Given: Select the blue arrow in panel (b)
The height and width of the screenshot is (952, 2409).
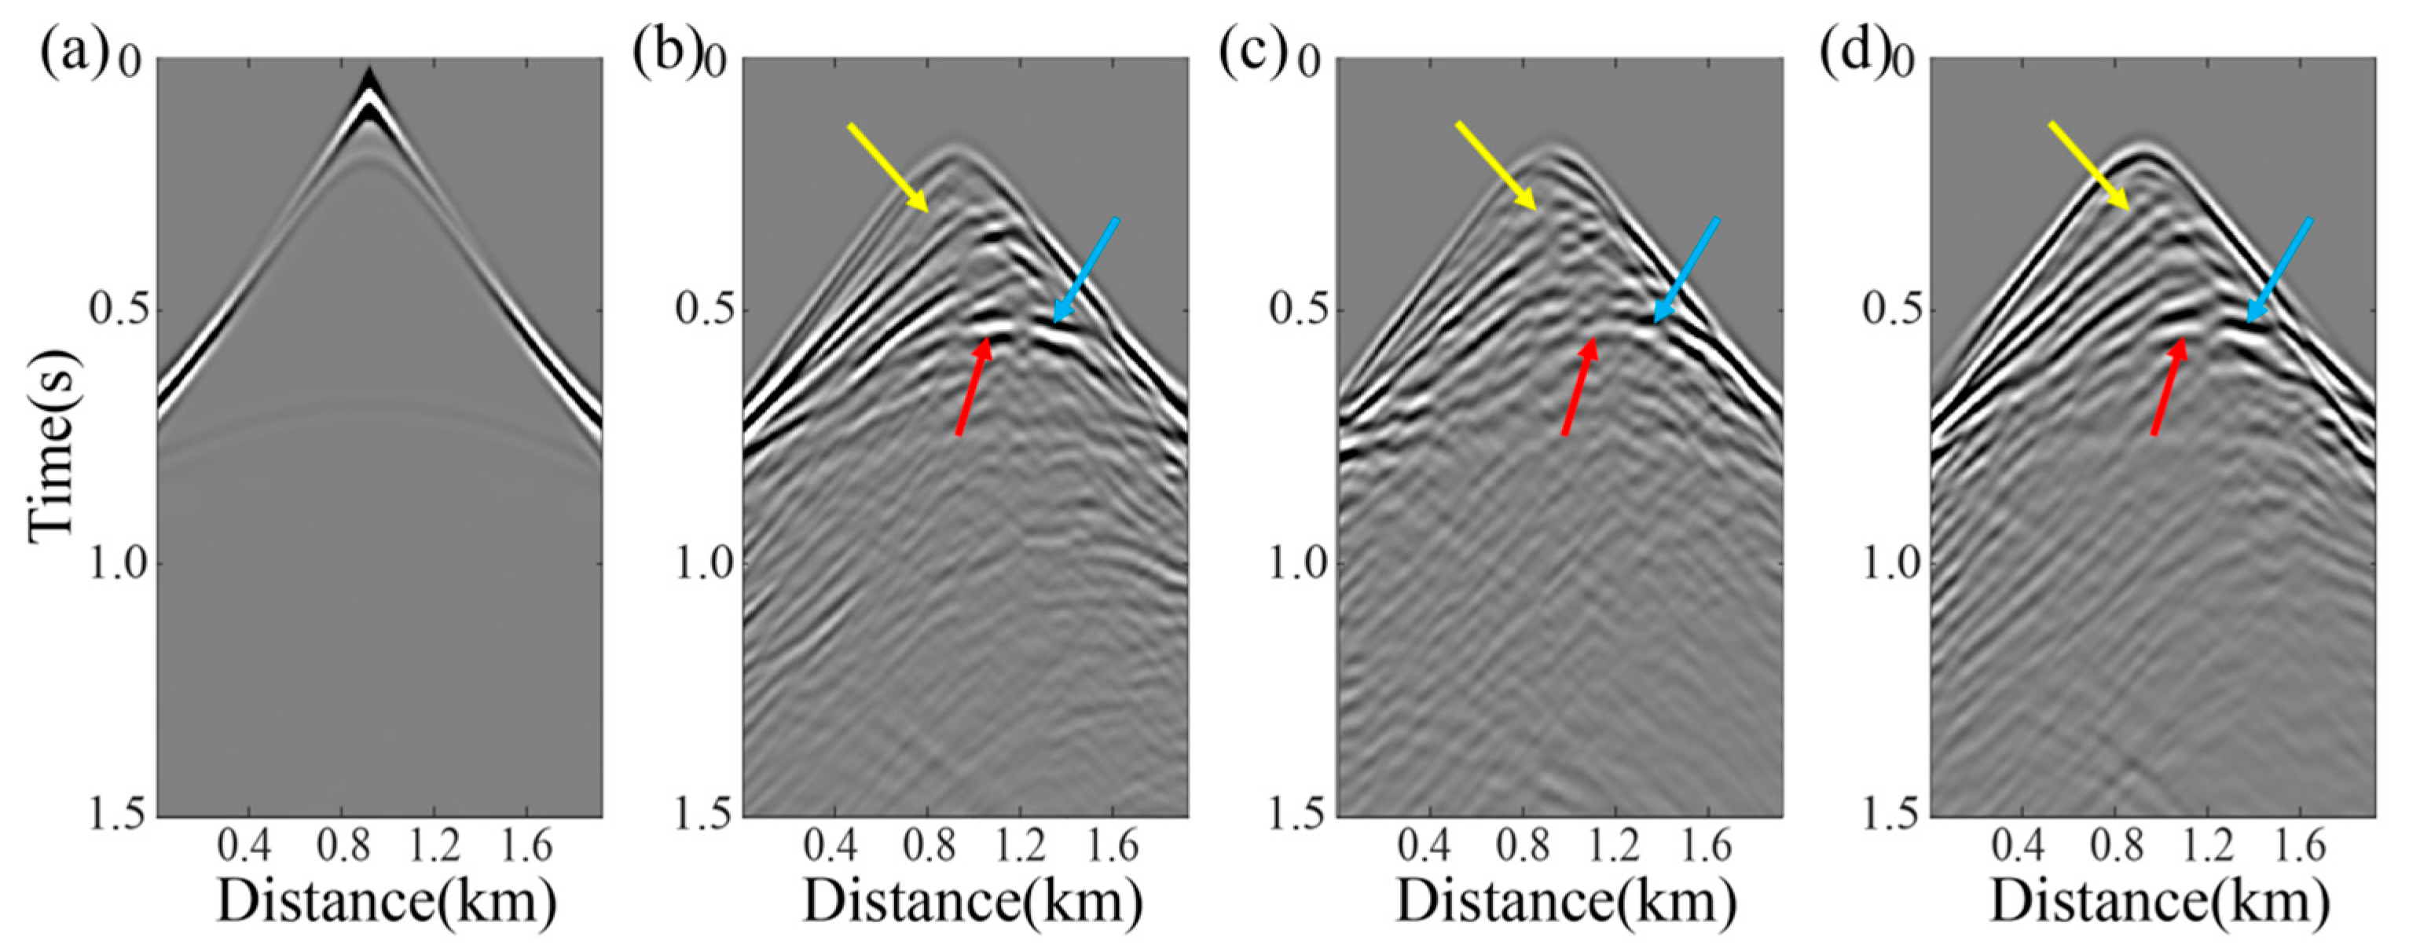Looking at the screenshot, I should coord(1086,269).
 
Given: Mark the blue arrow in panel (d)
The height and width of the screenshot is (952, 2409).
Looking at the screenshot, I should coord(2279,269).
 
